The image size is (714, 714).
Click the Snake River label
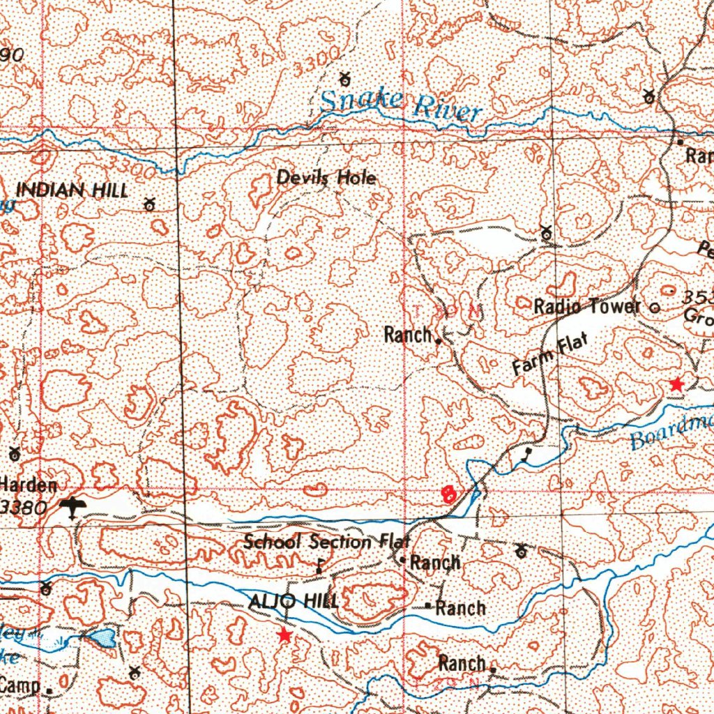click(x=400, y=105)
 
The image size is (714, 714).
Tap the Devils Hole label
click(x=326, y=178)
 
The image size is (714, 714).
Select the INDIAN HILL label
click(x=72, y=190)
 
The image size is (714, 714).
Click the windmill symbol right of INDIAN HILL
click(x=149, y=204)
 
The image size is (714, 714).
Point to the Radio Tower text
click(x=586, y=306)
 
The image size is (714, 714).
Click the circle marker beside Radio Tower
click(x=654, y=307)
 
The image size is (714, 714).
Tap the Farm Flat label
click(x=550, y=355)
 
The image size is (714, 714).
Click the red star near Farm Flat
click(x=676, y=383)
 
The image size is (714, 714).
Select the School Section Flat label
click(x=327, y=541)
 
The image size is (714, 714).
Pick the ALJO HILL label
click(x=294, y=601)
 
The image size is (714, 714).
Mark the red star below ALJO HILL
click(x=284, y=635)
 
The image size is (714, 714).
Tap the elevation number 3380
click(x=24, y=508)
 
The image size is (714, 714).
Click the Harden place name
click(x=29, y=484)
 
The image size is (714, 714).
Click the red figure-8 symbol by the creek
click(x=449, y=494)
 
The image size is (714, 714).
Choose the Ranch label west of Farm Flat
click(x=408, y=335)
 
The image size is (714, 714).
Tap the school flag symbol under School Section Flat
click(x=319, y=566)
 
